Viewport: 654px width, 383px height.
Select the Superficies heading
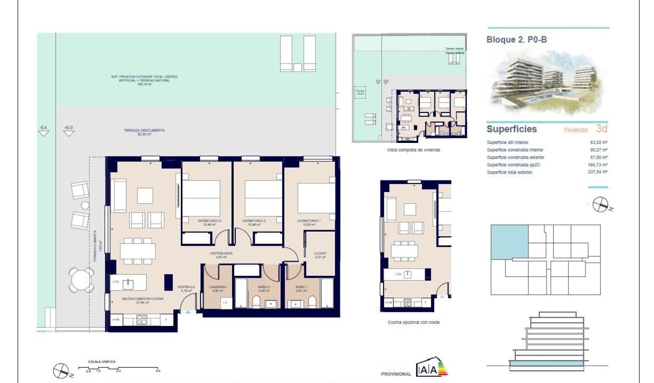pyautogui.click(x=511, y=129)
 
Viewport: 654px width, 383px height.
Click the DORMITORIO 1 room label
pyautogui.click(x=309, y=221)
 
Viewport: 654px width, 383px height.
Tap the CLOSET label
pyautogui.click(x=320, y=254)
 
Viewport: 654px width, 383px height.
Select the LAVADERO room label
pyautogui.click(x=218, y=287)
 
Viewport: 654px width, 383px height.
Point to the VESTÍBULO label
pyautogui.click(x=188, y=288)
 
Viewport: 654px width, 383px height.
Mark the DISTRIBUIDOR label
pyautogui.click(x=222, y=254)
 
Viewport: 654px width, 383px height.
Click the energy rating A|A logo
pyautogui.click(x=426, y=369)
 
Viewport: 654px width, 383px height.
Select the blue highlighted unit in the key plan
pyautogui.click(x=509, y=242)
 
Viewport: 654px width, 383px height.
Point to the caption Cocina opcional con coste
pyautogui.click(x=410, y=322)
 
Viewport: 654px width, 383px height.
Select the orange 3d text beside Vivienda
pyautogui.click(x=601, y=128)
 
